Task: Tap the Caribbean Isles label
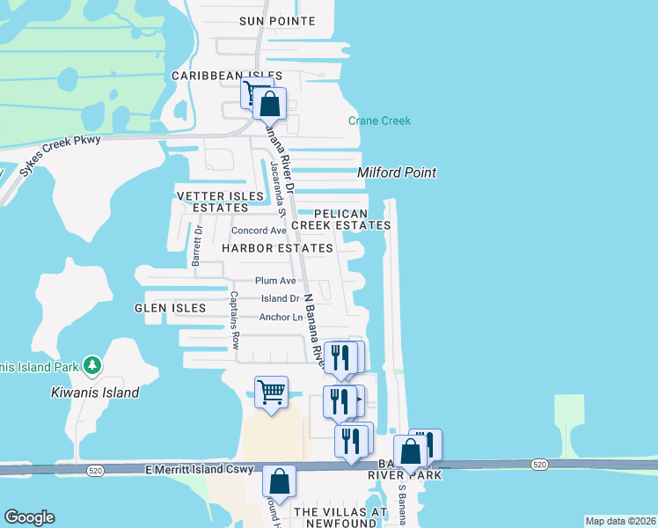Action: [x=227, y=77]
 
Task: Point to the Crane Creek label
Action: [x=379, y=121]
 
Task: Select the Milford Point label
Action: [x=397, y=172]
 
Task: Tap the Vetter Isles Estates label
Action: [x=220, y=202]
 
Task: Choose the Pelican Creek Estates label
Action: [x=340, y=219]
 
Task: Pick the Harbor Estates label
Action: [x=277, y=248]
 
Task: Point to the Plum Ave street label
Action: [x=275, y=281]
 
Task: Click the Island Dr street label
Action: [x=281, y=299]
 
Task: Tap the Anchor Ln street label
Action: [x=281, y=317]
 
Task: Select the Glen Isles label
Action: [x=170, y=308]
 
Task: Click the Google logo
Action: [x=30, y=517]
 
